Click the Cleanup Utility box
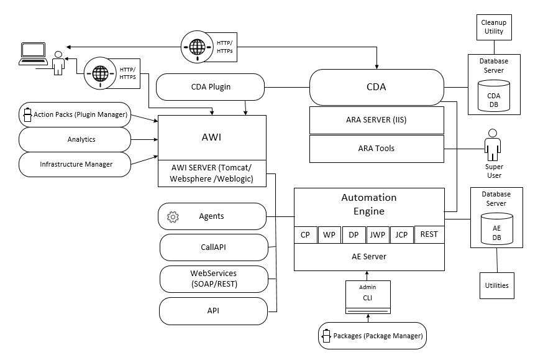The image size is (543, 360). tap(494, 27)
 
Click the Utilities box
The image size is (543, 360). tap(496, 285)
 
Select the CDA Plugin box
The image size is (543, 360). tap(211, 86)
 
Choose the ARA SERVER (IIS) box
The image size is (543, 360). tap(377, 120)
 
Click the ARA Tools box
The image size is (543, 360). tap(377, 148)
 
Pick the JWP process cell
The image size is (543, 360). tap(376, 235)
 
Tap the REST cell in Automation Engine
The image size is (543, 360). tap(429, 234)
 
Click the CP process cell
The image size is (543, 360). tap(305, 235)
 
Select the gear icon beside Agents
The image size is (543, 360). tap(173, 216)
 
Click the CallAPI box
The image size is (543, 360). tap(213, 247)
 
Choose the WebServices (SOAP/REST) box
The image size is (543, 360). tap(213, 278)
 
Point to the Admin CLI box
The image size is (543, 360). tap(368, 297)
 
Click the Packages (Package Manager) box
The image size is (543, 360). tap(373, 336)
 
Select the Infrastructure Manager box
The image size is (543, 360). tap(75, 164)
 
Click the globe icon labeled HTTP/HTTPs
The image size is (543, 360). tap(197, 46)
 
